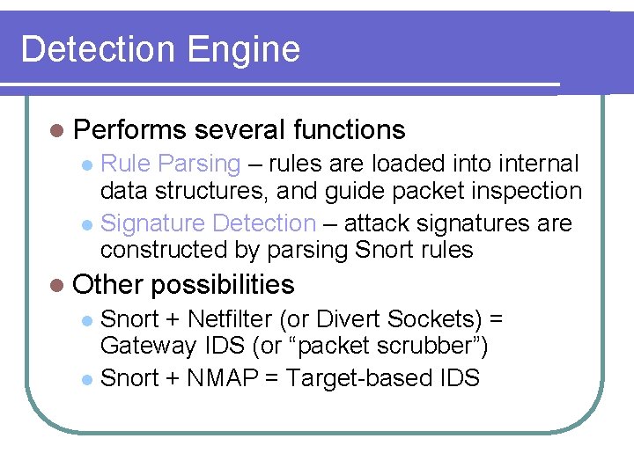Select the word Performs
129,130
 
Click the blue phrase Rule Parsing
171,164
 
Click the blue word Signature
153,223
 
